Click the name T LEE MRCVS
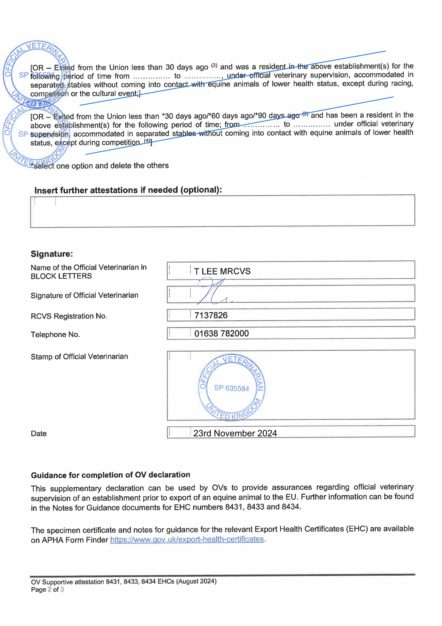point(222,271)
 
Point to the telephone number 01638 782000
point(221,333)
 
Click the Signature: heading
point(52,254)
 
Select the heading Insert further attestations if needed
point(128,190)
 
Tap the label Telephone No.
point(55,335)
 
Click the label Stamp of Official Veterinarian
point(79,357)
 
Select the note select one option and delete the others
point(101,166)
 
